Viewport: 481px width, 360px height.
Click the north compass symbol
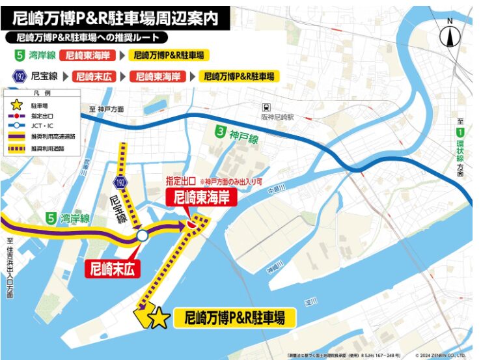coord(450,34)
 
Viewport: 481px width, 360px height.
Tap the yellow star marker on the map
coord(158,318)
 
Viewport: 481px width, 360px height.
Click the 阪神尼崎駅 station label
coord(278,117)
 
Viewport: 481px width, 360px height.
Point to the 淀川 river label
coord(312,300)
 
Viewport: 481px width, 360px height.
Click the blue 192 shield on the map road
coord(120,180)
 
